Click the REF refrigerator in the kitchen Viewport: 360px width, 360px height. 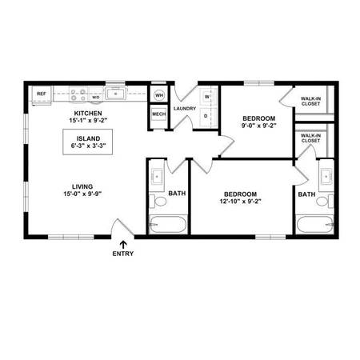pyautogui.click(x=42, y=95)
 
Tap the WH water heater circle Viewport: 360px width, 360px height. pyautogui.click(x=159, y=95)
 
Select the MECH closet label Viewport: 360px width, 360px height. pyautogui.click(x=159, y=114)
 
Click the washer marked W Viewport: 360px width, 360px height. pyautogui.click(x=207, y=97)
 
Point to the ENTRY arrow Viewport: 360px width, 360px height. pyautogui.click(x=123, y=245)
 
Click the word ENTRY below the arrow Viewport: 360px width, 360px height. pyautogui.click(x=123, y=254)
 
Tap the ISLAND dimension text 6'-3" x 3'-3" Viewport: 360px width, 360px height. pyautogui.click(x=89, y=146)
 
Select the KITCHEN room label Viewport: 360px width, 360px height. pyautogui.click(x=88, y=114)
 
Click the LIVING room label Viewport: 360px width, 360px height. pyautogui.click(x=82, y=186)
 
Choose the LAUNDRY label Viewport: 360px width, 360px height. pyautogui.click(x=185, y=109)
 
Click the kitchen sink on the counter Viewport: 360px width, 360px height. pyautogui.click(x=115, y=94)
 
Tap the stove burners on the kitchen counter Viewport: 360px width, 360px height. pyautogui.click(x=78, y=95)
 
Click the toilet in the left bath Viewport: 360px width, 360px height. pyautogui.click(x=158, y=202)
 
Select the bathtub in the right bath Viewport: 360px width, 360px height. pyautogui.click(x=314, y=225)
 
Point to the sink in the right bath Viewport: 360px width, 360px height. pyautogui.click(x=326, y=177)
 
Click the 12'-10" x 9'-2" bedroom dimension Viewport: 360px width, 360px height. pyautogui.click(x=240, y=202)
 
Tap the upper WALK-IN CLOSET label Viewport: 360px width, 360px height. pyautogui.click(x=310, y=102)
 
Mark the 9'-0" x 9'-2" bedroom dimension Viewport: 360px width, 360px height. pyautogui.click(x=258, y=126)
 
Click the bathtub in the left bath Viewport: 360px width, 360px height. pyautogui.click(x=168, y=225)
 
